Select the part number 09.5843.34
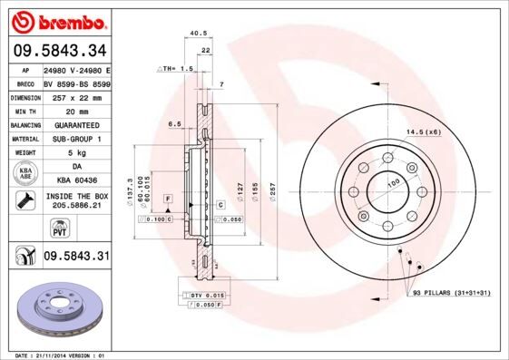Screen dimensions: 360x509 (59, 52)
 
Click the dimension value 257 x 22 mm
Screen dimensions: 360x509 (75, 95)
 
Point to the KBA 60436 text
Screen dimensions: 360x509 (75, 180)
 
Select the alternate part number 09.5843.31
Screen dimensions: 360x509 (75, 257)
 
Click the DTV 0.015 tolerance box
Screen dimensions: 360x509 (205, 296)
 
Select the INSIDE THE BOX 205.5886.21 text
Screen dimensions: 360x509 (75, 201)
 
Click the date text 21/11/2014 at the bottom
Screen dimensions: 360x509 (56, 355)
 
